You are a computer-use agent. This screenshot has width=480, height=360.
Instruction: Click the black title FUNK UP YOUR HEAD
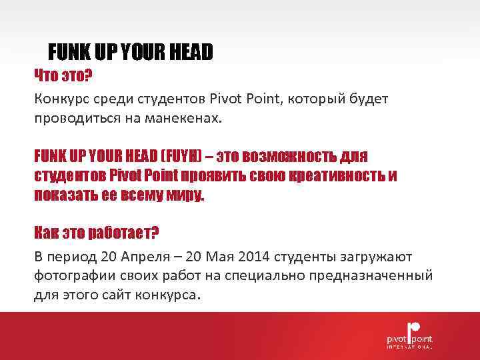coord(131,51)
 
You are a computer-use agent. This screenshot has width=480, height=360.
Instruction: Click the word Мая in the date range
coord(227,257)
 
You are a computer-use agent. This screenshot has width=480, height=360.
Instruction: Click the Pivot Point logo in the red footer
coord(409,333)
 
